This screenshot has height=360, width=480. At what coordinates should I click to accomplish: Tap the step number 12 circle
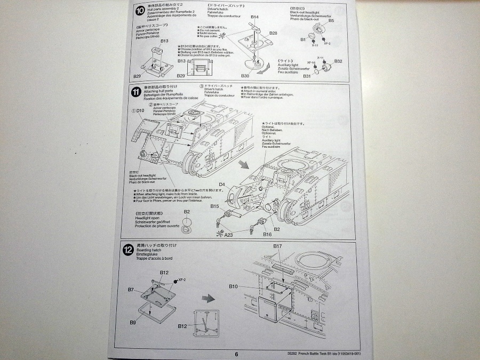tap(128, 250)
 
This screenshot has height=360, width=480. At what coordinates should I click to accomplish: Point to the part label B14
tap(255, 17)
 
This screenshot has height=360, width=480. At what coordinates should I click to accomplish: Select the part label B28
tap(273, 33)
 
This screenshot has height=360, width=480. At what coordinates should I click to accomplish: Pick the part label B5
tap(331, 21)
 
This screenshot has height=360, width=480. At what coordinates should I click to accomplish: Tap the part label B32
tap(338, 61)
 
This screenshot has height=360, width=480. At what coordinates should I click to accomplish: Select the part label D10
tap(140, 110)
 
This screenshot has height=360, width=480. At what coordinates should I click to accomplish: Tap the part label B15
tap(215, 206)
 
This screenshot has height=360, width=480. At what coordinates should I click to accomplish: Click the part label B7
tap(131, 290)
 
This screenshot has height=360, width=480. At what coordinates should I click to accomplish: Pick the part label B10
tap(234, 286)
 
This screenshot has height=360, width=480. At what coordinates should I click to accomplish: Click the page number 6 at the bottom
tap(236, 353)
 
